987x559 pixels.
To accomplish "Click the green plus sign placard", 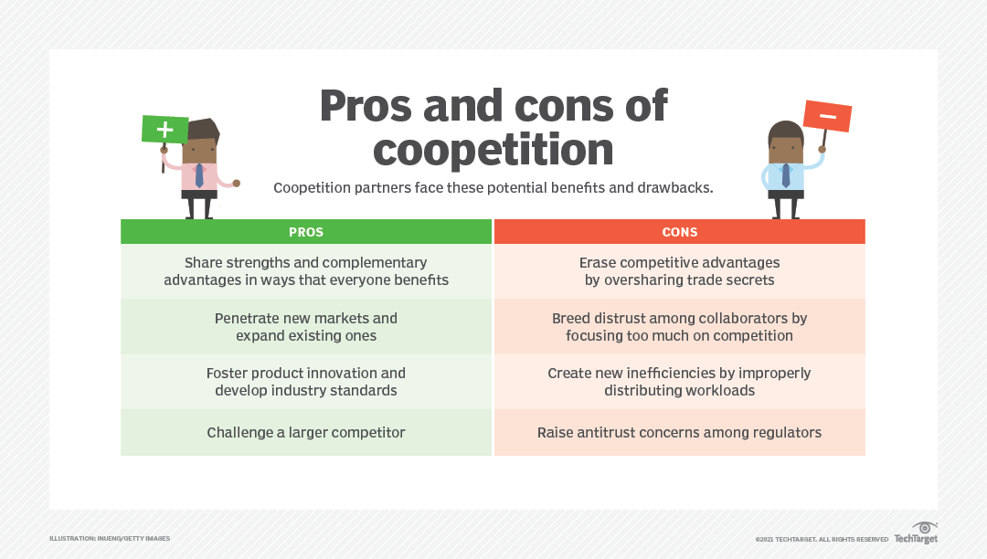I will tap(164, 129).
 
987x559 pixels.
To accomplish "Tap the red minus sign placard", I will tap(827, 116).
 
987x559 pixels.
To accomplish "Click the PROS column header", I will tap(306, 232).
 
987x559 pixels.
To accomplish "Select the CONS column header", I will tap(679, 232).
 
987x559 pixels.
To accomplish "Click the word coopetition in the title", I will tap(493, 148).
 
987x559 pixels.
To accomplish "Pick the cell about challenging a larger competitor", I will tap(306, 432).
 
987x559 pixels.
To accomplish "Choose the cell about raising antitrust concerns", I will tap(679, 432).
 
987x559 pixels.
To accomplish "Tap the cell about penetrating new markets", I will tap(306, 327).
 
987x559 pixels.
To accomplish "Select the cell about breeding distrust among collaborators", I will tap(679, 327).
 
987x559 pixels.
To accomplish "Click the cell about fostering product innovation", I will tap(306, 382).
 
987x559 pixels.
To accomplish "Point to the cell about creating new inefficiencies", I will tap(679, 382).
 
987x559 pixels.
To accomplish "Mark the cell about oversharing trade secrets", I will tap(679, 271).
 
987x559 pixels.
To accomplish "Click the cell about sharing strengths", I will tap(306, 271).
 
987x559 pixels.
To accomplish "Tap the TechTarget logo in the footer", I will tap(916, 534).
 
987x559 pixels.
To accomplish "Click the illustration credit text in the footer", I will tap(110, 539).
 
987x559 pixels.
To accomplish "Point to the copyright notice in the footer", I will tap(822, 540).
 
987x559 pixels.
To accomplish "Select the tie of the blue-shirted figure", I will tap(786, 174).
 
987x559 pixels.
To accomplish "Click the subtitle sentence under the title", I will tap(493, 188).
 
